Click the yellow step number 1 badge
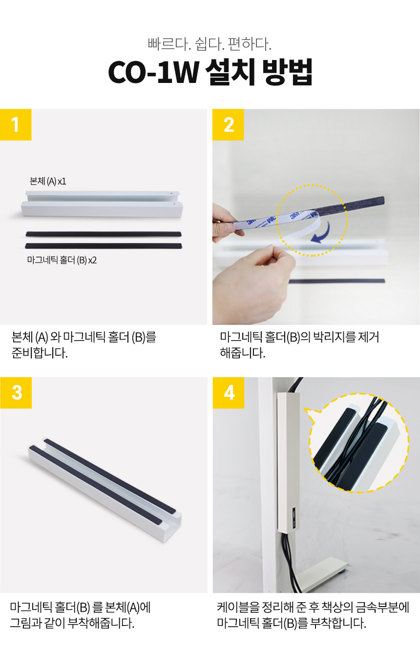pos(16,124)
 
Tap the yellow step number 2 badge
pos(228,124)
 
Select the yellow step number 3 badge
pos(16,393)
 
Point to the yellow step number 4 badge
pos(229,393)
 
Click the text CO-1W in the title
pos(153,72)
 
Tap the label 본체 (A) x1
pos(48,182)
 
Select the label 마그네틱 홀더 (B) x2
pos(62,260)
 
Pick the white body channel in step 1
pos(102,203)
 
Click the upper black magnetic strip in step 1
pos(104,234)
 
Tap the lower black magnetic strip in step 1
pos(104,246)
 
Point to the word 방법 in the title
pos(287,72)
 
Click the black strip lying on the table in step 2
pos(336,281)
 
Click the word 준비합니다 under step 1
pos(40,353)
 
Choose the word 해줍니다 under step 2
pos(242,353)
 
